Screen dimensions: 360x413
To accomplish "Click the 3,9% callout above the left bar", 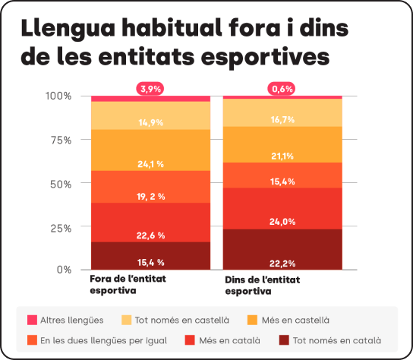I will click(x=150, y=89).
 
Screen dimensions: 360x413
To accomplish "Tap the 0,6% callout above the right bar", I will click(x=282, y=89).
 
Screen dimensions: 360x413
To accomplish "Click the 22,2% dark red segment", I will click(x=282, y=250).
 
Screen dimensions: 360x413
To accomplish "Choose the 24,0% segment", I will click(x=282, y=208).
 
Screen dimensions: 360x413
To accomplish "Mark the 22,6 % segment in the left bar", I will click(x=150, y=223).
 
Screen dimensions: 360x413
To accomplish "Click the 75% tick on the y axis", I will click(x=60, y=140).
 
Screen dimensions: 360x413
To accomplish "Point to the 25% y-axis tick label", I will click(x=60, y=228).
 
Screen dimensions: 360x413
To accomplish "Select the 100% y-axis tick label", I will click(x=58, y=96).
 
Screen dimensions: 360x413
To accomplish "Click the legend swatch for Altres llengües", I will click(x=32, y=320).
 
